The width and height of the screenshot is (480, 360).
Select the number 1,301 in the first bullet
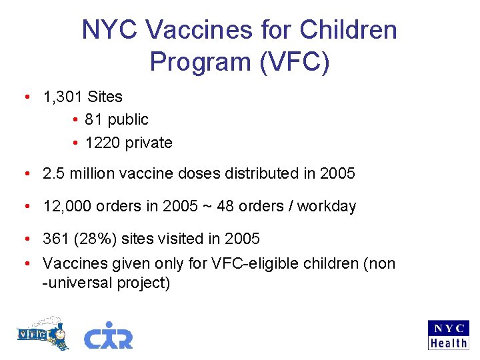[x=63, y=97]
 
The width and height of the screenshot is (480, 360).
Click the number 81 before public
[x=94, y=119]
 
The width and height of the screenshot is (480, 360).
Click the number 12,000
[x=67, y=207]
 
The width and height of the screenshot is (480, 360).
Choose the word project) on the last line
[x=143, y=283]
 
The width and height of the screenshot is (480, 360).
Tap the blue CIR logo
[x=108, y=335]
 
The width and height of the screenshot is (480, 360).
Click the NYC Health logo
[x=448, y=335]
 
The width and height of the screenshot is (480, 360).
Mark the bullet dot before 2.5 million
[x=25, y=174]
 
